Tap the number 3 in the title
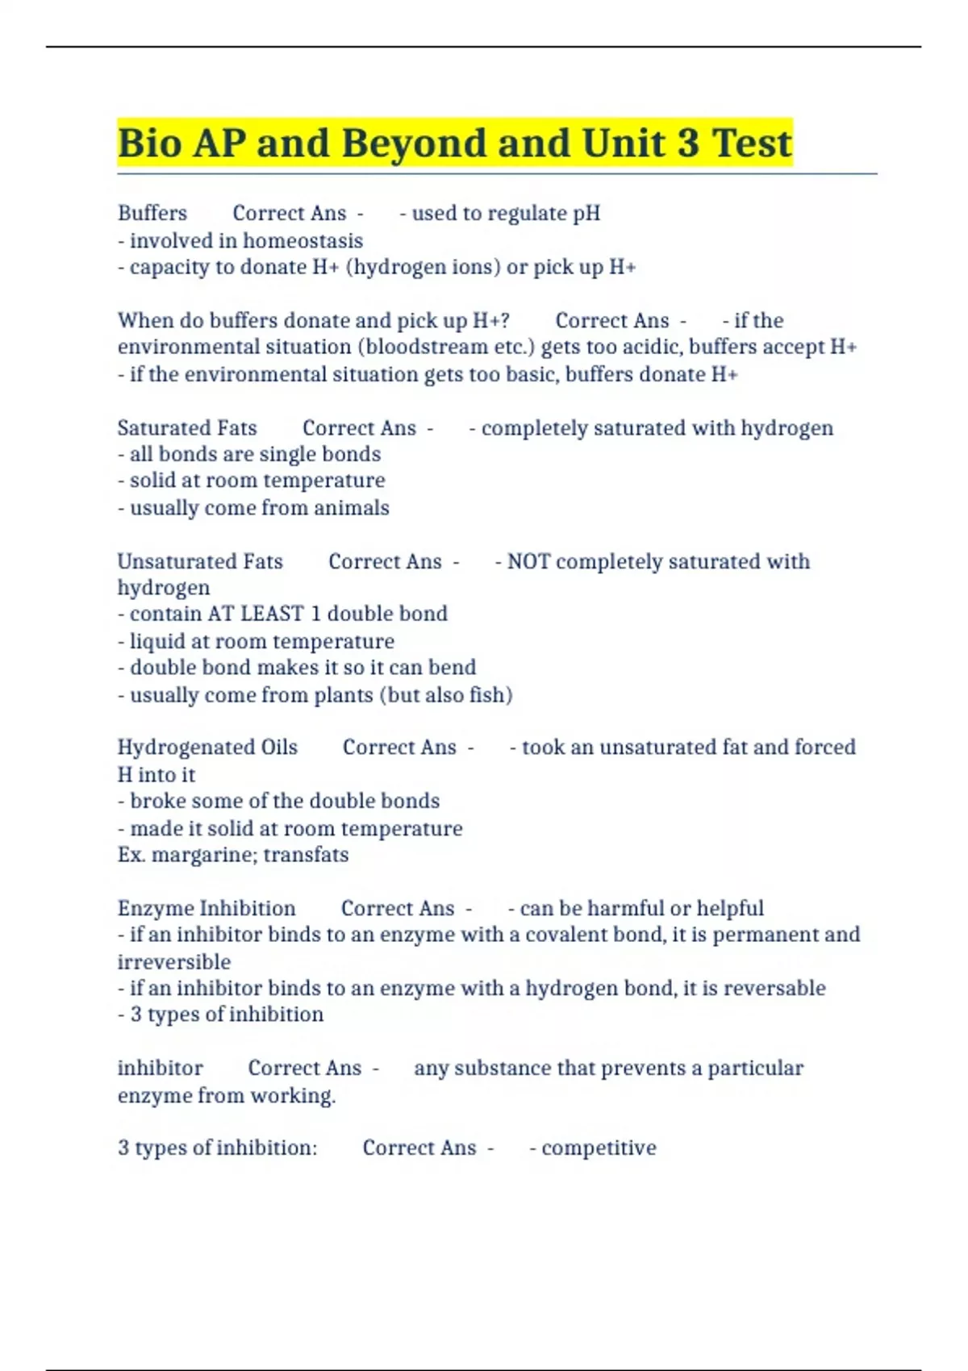point(688,144)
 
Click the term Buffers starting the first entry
point(152,213)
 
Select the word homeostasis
point(302,240)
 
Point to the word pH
point(586,213)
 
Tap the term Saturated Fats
point(187,427)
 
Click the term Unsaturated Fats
point(200,561)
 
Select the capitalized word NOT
point(528,561)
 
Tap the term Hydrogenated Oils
point(207,748)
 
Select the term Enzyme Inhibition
point(207,908)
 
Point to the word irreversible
point(174,962)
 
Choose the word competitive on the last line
point(599,1148)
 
